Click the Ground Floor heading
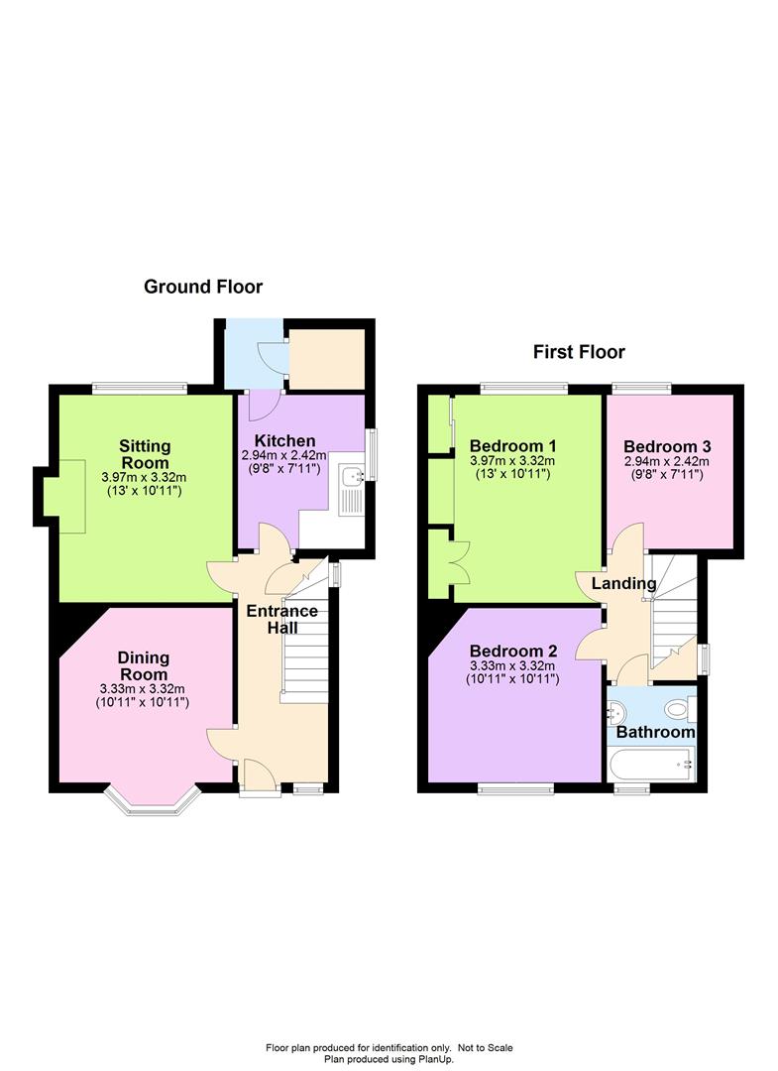coord(203,287)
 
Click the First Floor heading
coord(579,352)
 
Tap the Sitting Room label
coord(145,454)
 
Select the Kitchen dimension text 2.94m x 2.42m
coord(283,455)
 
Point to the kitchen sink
coord(353,475)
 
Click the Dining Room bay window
coord(153,800)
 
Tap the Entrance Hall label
coord(281,619)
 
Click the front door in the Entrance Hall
coord(260,775)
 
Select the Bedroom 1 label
coord(512,446)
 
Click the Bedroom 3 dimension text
coord(667,468)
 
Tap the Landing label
coord(623,583)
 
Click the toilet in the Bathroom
coord(681,710)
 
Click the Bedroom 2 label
coord(513,651)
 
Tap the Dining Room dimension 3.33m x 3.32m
coord(142,689)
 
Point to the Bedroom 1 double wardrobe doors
coord(457,562)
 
